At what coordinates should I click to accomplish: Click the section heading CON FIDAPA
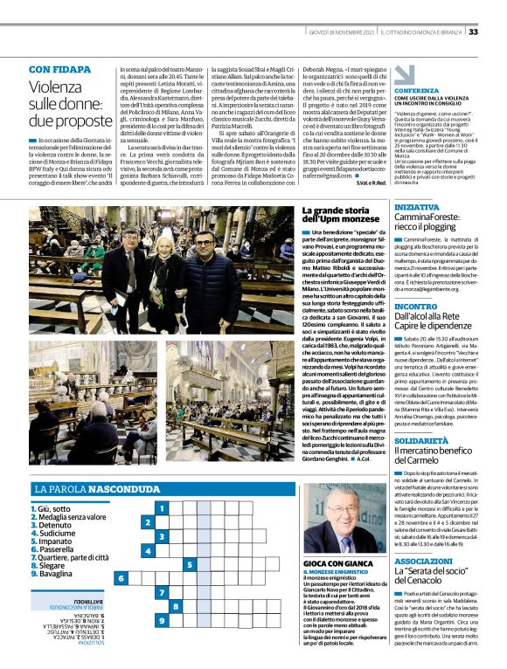point(61,68)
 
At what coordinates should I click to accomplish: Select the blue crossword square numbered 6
point(122,578)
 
